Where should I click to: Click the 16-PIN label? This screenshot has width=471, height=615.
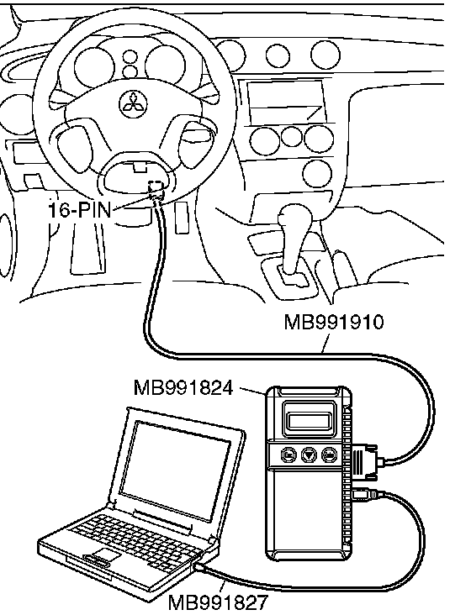pos(80,210)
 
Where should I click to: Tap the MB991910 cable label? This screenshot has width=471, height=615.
pos(334,322)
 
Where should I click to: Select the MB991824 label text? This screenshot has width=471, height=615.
pos(183,387)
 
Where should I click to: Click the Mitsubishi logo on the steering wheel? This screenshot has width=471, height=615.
pos(133,104)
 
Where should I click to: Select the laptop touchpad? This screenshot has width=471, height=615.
pos(106,555)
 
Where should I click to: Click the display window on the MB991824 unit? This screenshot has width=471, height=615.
pos(311,421)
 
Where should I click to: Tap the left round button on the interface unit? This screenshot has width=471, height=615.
pos(288,455)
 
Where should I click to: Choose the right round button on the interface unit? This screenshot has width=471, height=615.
pos(330,455)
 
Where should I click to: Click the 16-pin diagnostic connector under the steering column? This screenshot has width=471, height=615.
pos(155,190)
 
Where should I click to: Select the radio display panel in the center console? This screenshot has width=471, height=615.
pos(287,101)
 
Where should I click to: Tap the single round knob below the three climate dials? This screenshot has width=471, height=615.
pos(317,174)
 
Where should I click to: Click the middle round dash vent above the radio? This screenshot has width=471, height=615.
pos(278,55)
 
